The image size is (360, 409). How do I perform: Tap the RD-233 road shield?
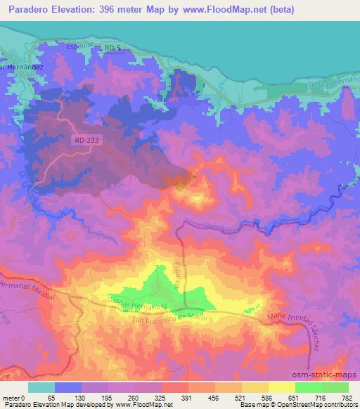pos(85,141)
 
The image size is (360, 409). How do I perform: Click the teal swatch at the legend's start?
pos(41,387)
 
